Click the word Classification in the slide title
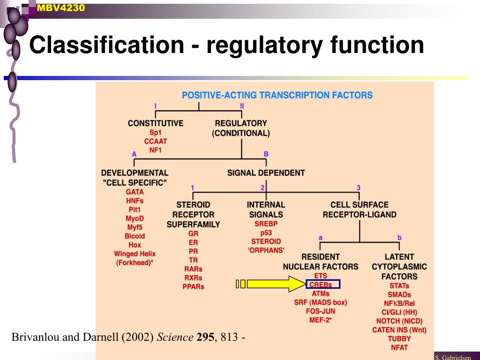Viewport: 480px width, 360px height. (106, 45)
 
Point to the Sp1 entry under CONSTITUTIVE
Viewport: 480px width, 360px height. (155, 133)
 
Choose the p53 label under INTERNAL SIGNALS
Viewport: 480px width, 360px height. (266, 232)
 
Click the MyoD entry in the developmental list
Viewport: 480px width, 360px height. (135, 218)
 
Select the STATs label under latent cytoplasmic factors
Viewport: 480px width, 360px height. (399, 285)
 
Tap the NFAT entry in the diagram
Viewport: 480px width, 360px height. (399, 348)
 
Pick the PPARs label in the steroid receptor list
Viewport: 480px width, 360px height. (193, 286)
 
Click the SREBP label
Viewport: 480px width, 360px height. (266, 224)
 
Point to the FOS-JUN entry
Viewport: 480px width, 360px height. (321, 311)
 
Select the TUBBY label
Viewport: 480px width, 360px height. (399, 339)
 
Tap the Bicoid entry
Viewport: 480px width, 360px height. (135, 236)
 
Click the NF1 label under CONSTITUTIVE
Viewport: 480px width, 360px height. (155, 150)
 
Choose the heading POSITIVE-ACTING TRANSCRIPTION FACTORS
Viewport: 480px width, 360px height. (277, 95)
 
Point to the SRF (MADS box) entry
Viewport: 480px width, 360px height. (321, 302)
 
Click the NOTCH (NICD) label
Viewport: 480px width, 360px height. (399, 321)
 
